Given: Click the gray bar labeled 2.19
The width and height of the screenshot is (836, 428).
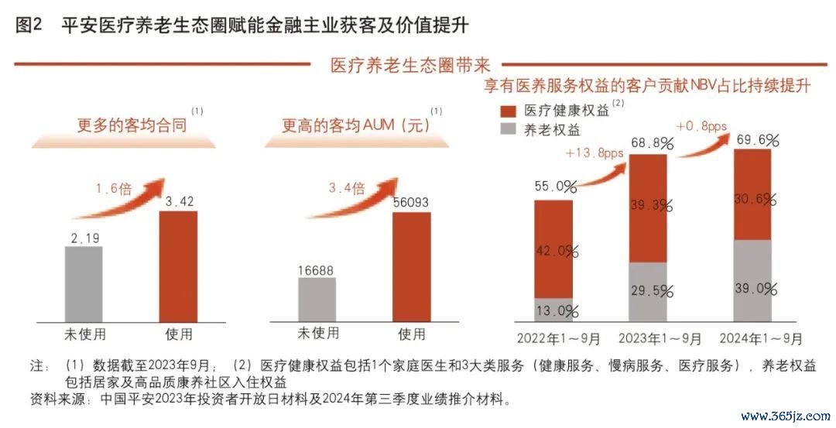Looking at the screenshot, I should click(84, 283).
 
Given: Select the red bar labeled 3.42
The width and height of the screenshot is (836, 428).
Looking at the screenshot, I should click(178, 265).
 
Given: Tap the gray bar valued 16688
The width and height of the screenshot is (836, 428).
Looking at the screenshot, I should click(317, 299).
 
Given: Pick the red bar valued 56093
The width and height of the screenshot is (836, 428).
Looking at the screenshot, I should click(411, 265).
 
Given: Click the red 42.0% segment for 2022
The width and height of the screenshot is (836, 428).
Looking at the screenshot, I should click(553, 249).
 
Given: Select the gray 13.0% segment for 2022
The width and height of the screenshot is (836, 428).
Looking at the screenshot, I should click(553, 310).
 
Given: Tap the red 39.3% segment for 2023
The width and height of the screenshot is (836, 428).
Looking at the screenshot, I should click(648, 207).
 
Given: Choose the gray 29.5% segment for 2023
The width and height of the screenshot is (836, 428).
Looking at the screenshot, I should click(648, 292).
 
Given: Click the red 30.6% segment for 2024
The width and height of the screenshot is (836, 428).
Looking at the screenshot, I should click(752, 195).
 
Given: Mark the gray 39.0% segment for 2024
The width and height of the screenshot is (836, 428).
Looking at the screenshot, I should click(752, 280).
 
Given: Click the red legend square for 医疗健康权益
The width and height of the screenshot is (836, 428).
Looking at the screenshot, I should click(508, 110).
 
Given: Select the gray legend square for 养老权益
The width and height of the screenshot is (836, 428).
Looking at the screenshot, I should click(508, 129).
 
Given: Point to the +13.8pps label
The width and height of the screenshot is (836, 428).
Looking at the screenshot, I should click(594, 153).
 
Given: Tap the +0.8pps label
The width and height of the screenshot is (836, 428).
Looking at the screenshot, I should click(701, 125).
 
